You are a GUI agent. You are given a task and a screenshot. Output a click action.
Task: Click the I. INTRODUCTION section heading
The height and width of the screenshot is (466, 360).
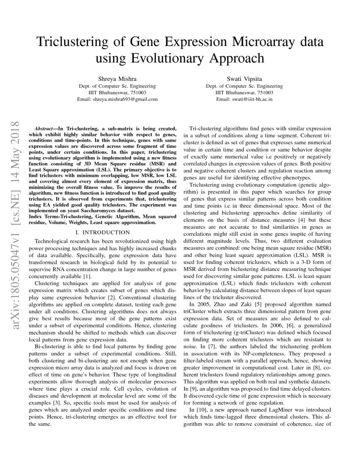(x=102, y=232)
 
